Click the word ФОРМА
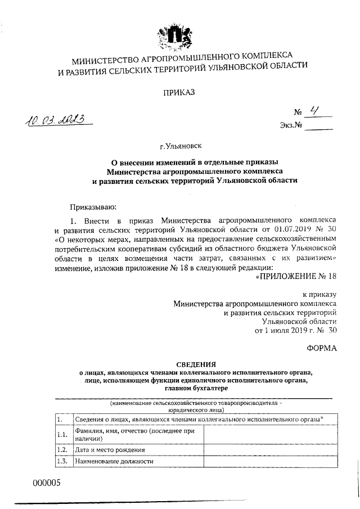[x=322, y=349]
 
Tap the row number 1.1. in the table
[x=62, y=434]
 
